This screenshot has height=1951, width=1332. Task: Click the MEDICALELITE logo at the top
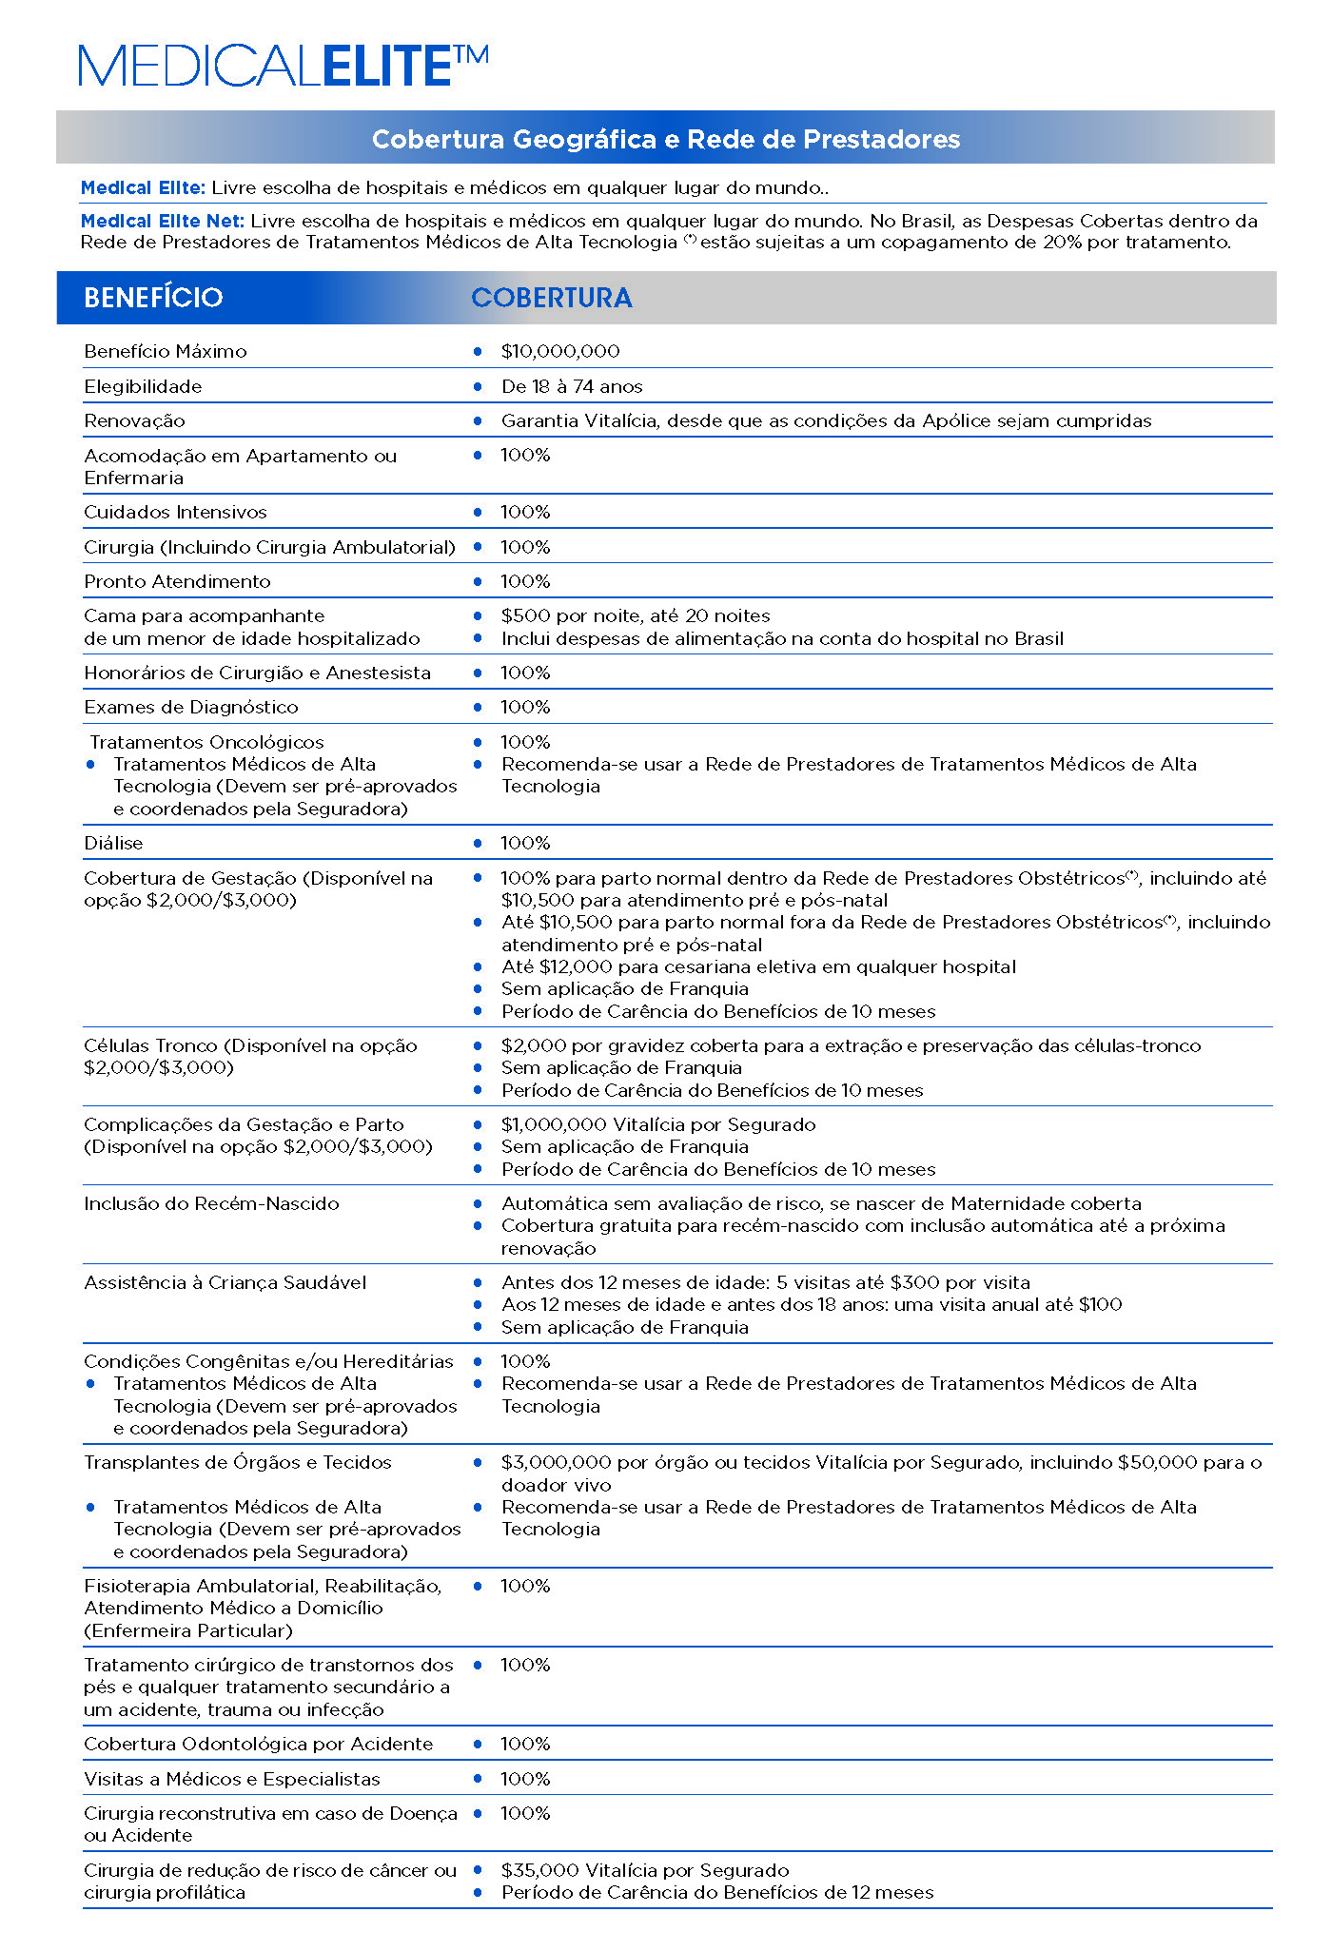coord(284,66)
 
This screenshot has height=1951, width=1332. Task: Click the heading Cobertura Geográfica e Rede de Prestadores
coord(666,139)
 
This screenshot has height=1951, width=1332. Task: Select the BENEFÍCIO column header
coord(153,298)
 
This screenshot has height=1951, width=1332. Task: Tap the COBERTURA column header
coord(552,298)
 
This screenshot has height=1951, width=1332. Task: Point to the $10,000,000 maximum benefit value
coord(560,351)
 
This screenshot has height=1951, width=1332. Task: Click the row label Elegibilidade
coord(143,386)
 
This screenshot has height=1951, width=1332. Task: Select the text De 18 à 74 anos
coord(572,386)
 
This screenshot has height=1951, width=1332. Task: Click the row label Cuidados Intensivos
coord(175,512)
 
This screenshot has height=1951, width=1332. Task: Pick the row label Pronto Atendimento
coord(177,581)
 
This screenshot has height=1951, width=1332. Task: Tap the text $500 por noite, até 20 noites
coord(636,615)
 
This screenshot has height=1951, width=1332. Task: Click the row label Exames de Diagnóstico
coord(190,707)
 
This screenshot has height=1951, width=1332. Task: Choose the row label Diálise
coord(113,843)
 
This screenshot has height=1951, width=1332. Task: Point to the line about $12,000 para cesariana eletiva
coord(758,966)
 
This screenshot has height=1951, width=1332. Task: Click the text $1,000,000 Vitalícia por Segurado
coord(658,1124)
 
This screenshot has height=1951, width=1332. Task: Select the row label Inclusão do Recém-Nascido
coord(211,1203)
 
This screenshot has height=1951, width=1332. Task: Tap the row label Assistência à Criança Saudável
coord(225,1282)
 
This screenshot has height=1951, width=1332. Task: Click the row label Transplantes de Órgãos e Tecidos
coord(238,1462)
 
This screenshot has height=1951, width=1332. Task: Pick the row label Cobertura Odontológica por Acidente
coord(258,1744)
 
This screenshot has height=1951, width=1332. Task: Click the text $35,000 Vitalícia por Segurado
coord(645,1870)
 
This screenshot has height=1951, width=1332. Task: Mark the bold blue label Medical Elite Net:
coord(163,221)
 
